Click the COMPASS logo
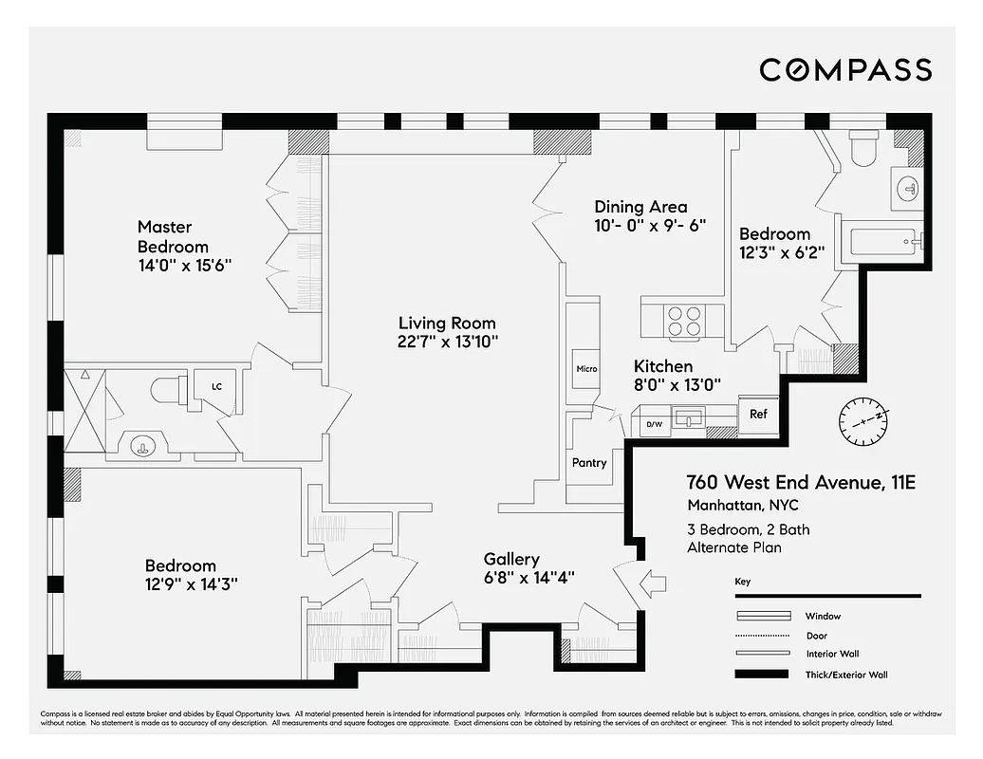tap(845, 69)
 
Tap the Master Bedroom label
tap(172, 235)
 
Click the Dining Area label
tap(640, 207)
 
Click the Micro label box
tap(585, 368)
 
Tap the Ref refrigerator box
tap(758, 415)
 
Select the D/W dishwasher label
tap(654, 425)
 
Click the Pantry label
tap(588, 462)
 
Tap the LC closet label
tap(216, 386)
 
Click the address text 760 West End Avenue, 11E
tap(800, 483)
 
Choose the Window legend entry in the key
tap(823, 616)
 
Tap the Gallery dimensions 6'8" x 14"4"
tap(529, 577)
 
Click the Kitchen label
tap(663, 366)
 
